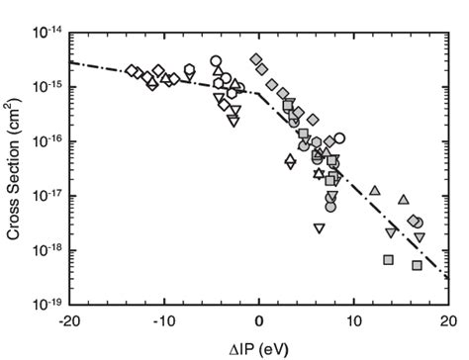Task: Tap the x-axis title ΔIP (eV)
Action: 259,346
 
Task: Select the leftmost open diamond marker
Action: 131,70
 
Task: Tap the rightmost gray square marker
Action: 417,265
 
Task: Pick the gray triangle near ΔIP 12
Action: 374,190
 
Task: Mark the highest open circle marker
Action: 216,61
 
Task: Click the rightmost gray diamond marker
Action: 413,220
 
